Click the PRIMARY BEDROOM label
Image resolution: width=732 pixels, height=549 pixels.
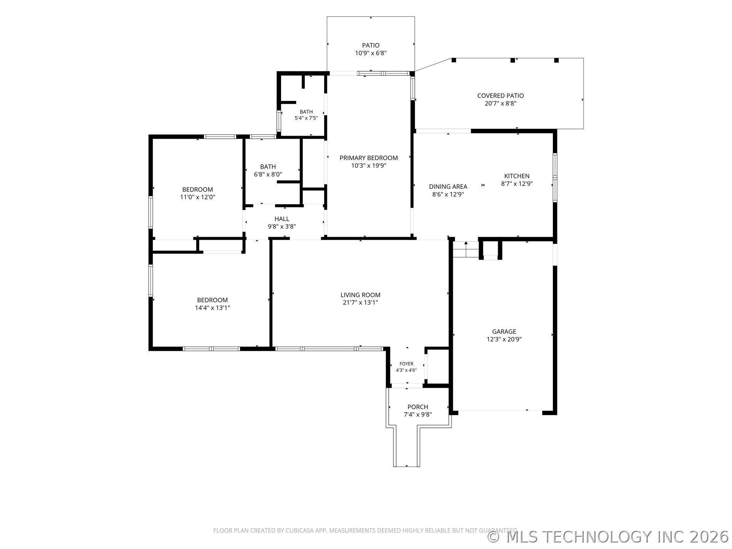tap(369, 158)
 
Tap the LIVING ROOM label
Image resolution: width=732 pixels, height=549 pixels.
tap(360, 295)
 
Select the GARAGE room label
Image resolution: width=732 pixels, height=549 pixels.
tap(504, 332)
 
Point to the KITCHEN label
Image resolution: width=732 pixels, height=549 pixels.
tap(517, 176)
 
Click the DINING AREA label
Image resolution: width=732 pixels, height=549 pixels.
tap(448, 186)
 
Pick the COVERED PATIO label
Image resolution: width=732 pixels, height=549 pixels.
tap(501, 96)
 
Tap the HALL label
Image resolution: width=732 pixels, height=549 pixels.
tap(282, 219)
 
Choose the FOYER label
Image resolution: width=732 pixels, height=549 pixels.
tap(406, 364)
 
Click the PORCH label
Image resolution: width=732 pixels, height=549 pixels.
tap(418, 407)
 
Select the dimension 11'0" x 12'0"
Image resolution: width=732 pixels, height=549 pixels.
tap(197, 197)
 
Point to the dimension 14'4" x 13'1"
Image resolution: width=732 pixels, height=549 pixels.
tap(212, 308)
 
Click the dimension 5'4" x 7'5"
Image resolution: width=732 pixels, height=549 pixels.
tap(306, 118)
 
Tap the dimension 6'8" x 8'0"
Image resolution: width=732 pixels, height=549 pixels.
tap(268, 174)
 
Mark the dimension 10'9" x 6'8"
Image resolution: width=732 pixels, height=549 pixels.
tap(371, 53)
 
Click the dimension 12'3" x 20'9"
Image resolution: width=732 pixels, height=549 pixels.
tap(504, 339)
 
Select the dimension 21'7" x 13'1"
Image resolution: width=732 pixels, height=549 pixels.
tap(360, 303)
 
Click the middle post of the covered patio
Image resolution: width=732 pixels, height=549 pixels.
tap(513, 60)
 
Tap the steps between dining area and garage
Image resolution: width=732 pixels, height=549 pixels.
tap(466, 249)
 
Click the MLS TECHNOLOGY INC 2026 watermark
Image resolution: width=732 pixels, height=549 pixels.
tap(608, 537)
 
